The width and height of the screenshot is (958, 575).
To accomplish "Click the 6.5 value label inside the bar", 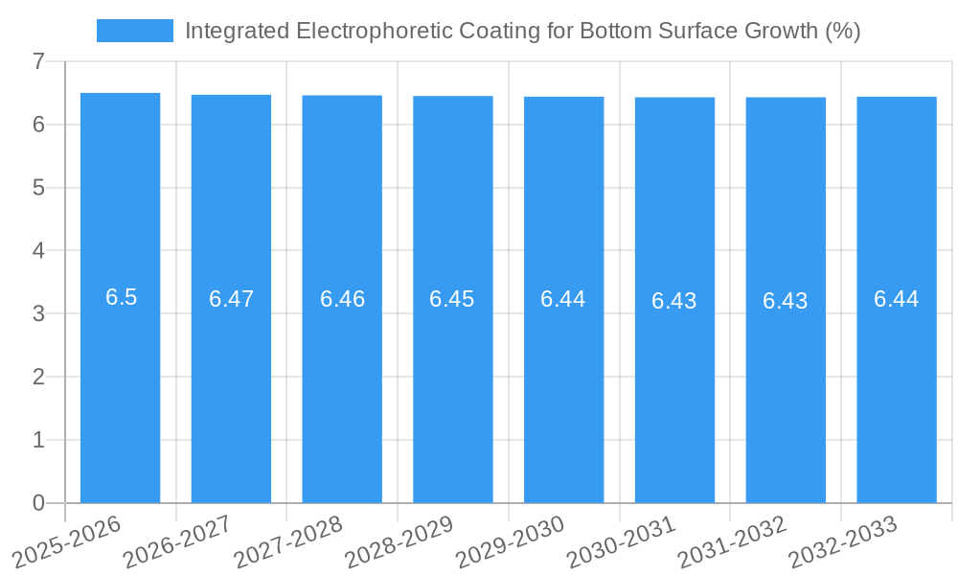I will [122, 297].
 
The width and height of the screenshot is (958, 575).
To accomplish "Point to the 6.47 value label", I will [232, 299].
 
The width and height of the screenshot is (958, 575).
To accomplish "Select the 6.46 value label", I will [343, 299].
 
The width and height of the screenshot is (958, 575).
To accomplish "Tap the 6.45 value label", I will [452, 299].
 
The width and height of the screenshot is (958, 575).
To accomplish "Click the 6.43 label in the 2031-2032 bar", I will [786, 301].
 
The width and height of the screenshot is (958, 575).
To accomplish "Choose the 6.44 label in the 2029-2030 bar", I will [563, 299].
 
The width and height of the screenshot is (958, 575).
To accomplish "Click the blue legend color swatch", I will [135, 31].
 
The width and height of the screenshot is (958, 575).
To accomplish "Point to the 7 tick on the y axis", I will [38, 61].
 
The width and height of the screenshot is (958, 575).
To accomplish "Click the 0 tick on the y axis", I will [38, 503].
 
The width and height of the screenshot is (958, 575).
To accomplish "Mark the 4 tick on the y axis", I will [38, 251].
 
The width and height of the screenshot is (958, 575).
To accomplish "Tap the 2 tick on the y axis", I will [38, 377].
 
